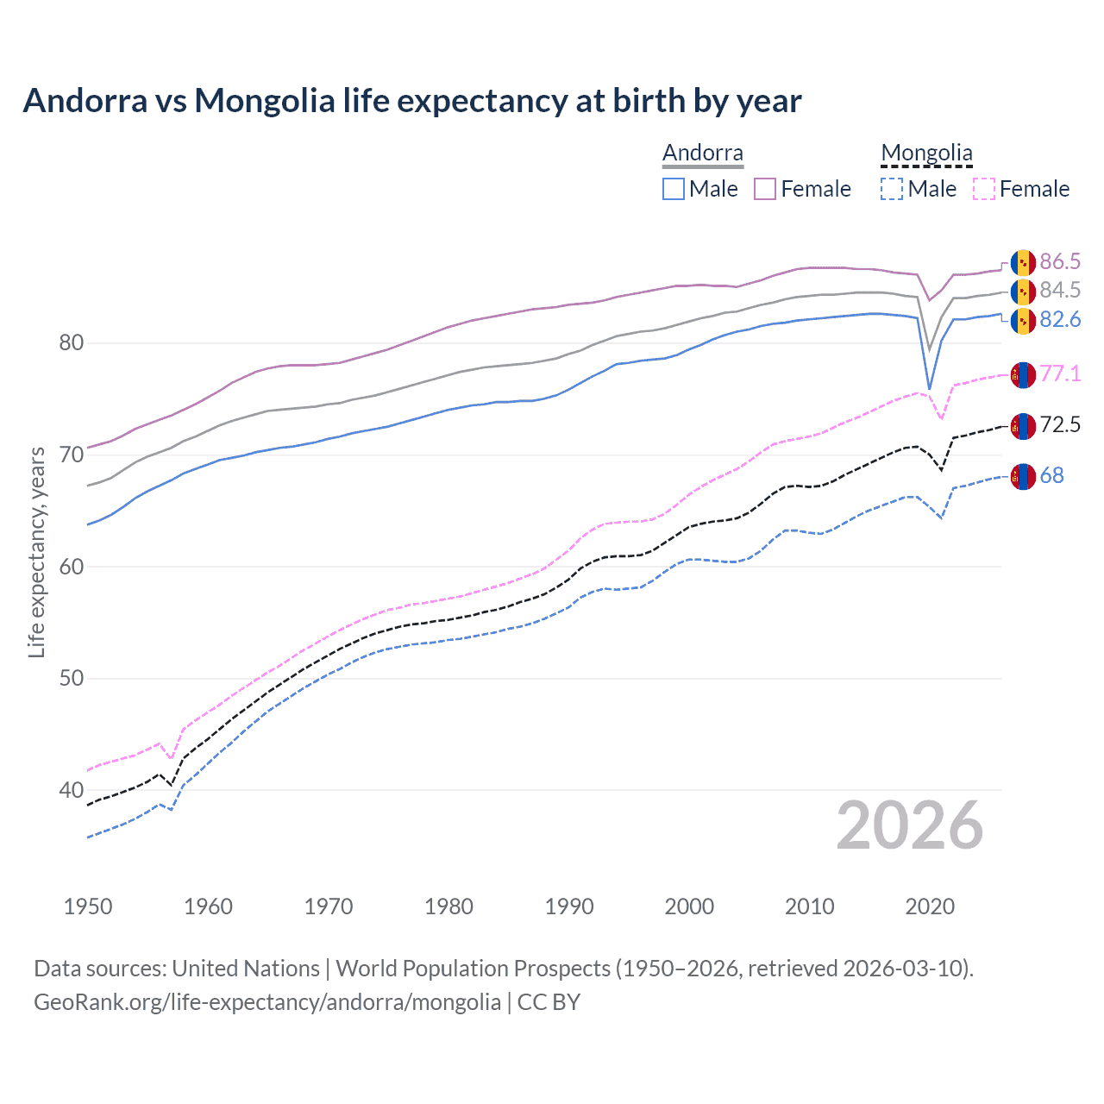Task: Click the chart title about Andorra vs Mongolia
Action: pos(412,101)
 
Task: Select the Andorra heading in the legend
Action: pos(702,154)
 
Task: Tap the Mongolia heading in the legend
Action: pos(926,154)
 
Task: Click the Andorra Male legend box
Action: pos(674,189)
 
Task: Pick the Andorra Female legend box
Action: pos(765,189)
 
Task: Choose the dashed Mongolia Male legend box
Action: pos(892,189)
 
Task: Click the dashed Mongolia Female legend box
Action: pos(984,189)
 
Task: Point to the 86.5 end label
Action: pos(1060,262)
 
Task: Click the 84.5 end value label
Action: pos(1060,291)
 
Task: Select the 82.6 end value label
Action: pos(1060,320)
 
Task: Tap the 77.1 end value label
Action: pos(1060,373)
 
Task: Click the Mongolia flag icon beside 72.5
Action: pos(1023,425)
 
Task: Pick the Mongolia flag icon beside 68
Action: pos(1023,476)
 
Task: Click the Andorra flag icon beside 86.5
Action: pos(1023,262)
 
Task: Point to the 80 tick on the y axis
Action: pos(72,343)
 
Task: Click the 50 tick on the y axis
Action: pos(72,679)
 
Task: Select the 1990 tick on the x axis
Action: pos(569,906)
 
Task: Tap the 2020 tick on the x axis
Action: pos(930,906)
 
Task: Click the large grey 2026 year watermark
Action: pos(909,825)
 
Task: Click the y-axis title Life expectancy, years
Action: pos(37,552)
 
